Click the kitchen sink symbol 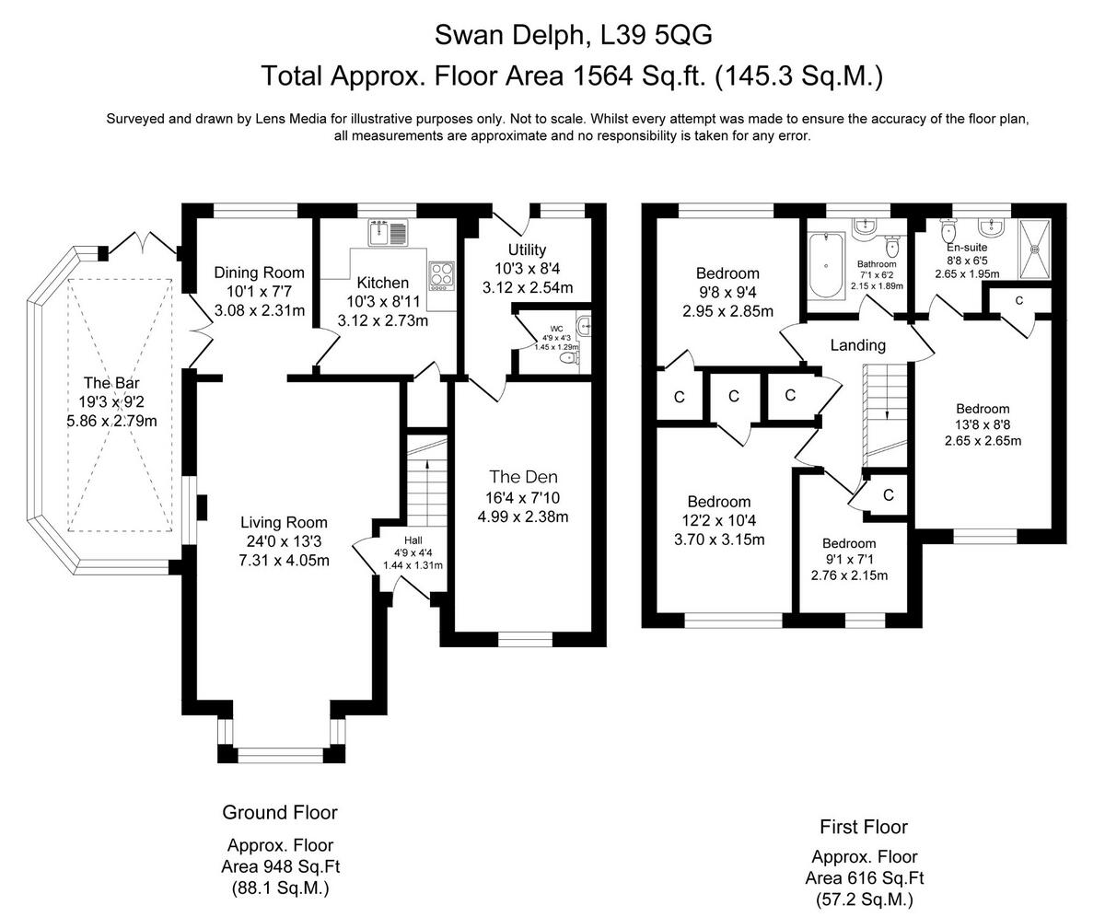(x=388, y=234)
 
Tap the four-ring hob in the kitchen (x=441, y=274)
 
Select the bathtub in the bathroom (x=826, y=265)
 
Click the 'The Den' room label (x=523, y=477)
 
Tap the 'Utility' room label (x=527, y=250)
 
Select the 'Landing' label (x=857, y=345)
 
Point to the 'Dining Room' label (x=259, y=273)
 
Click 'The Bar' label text (x=111, y=383)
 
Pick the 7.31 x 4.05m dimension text (x=285, y=560)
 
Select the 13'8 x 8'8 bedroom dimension (x=983, y=424)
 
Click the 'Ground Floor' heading (x=280, y=812)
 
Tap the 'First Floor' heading (x=864, y=827)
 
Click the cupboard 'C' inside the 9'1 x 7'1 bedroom (x=888, y=495)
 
